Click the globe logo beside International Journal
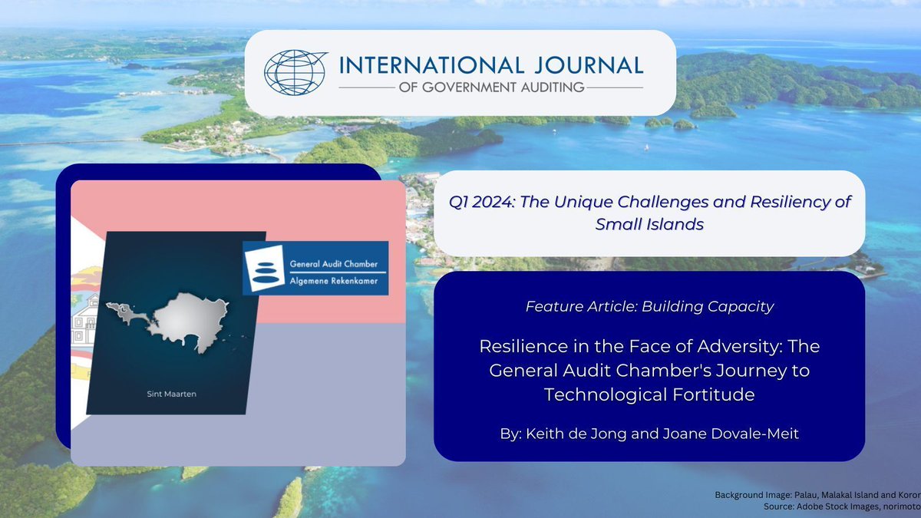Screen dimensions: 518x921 295,73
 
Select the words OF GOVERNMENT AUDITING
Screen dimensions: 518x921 491,88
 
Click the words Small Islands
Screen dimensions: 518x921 649,223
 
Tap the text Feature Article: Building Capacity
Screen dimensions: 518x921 649,307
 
